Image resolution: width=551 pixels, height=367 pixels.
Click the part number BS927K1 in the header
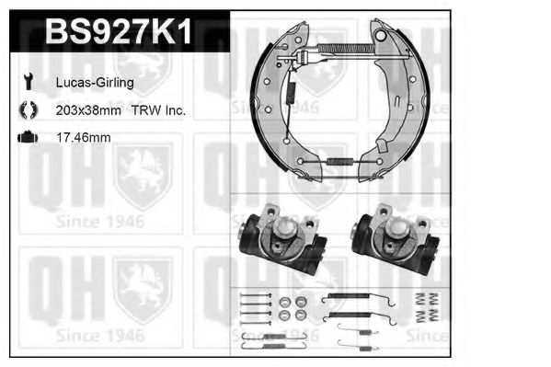tap(120, 31)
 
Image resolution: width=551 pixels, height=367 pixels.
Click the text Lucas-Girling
tap(95, 83)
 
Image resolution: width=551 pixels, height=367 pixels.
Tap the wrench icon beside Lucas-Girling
tap(29, 82)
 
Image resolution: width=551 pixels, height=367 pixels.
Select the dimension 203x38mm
tap(88, 110)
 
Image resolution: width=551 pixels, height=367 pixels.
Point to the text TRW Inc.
tap(158, 110)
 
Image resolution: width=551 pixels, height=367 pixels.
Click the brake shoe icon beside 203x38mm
tap(29, 109)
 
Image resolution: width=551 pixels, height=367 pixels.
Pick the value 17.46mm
tap(84, 137)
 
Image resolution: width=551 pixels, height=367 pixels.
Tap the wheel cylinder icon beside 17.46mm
tap(28, 137)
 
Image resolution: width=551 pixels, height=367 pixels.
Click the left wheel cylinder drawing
tap(283, 239)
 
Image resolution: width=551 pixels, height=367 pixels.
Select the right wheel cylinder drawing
tap(396, 239)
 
